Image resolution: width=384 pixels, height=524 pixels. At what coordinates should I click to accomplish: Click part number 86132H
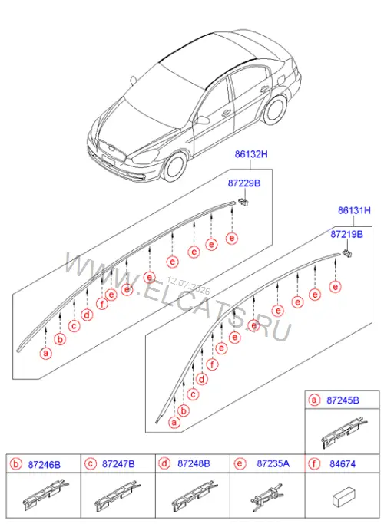[x=251, y=154]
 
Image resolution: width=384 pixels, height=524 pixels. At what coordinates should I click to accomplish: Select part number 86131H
[x=354, y=210]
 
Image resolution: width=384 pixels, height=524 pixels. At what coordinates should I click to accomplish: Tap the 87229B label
[x=244, y=183]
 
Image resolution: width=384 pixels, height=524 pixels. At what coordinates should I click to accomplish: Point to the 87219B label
[x=346, y=234]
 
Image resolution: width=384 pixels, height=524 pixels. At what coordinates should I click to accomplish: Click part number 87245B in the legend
[x=343, y=400]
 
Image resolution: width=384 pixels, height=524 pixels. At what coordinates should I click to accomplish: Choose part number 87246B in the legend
[x=44, y=464]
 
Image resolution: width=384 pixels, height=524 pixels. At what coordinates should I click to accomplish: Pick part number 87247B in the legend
[x=118, y=464]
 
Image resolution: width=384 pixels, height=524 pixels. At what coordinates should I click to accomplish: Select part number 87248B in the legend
[x=194, y=464]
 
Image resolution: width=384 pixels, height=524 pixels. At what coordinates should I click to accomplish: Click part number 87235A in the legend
[x=273, y=463]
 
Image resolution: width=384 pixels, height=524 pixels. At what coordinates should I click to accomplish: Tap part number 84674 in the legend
[x=343, y=464]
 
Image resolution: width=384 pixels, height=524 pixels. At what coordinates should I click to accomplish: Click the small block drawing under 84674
[x=343, y=496]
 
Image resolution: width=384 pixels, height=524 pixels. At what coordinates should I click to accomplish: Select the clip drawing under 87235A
[x=267, y=497]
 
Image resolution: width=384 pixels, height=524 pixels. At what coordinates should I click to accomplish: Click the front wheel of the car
[x=174, y=166]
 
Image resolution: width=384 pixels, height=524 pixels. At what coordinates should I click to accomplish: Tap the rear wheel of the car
[x=275, y=110]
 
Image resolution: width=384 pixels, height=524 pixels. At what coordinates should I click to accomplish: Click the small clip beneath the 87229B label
[x=244, y=202]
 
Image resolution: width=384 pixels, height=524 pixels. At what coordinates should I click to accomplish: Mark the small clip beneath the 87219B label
[x=348, y=253]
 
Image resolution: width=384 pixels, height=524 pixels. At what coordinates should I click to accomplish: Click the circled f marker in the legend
[x=314, y=464]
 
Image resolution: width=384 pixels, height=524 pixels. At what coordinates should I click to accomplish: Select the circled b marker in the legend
[x=15, y=464]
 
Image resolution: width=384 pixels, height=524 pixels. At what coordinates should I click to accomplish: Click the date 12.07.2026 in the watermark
[x=189, y=285]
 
